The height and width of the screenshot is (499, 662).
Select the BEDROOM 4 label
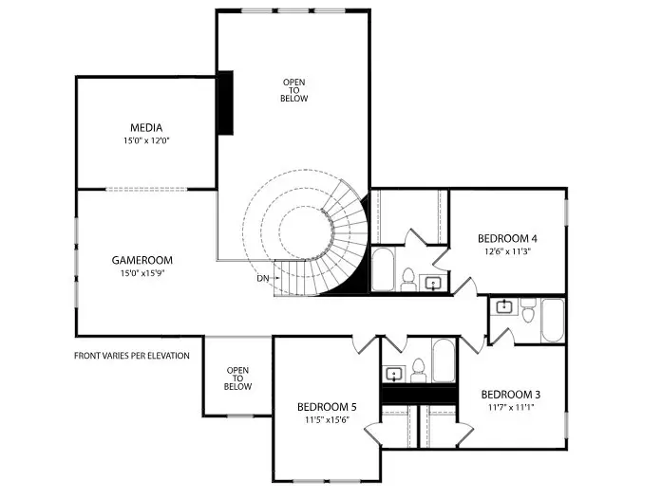click(507, 238)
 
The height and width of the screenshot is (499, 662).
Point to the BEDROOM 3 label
click(511, 395)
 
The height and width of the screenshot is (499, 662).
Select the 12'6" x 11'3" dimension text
click(507, 252)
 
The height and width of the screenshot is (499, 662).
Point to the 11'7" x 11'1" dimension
click(511, 409)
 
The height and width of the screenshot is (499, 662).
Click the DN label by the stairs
click(263, 279)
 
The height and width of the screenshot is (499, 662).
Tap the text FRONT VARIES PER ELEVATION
click(132, 356)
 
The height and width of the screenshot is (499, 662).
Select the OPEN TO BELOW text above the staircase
click(294, 90)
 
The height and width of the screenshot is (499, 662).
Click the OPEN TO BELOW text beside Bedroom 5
click(237, 379)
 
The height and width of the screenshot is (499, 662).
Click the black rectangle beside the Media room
click(226, 102)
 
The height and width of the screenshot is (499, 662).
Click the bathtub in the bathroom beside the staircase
click(382, 269)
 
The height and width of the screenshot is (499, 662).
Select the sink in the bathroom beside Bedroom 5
click(418, 368)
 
